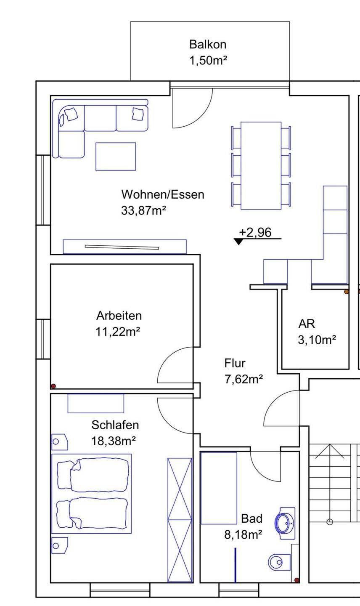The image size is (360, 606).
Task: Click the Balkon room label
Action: pyautogui.click(x=208, y=45)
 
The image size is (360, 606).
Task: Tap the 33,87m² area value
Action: pyautogui.click(x=143, y=210)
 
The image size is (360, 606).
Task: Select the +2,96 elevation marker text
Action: pyautogui.click(x=255, y=232)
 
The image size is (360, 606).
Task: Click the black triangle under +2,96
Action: pyautogui.click(x=238, y=242)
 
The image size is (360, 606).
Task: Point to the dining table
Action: pyautogui.click(x=261, y=165)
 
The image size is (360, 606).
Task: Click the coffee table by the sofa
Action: pyautogui.click(x=116, y=157)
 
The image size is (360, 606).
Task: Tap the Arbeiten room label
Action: pyautogui.click(x=119, y=316)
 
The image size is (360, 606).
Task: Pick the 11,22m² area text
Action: pyautogui.click(x=118, y=332)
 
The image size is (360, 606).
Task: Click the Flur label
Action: pyautogui.click(x=235, y=363)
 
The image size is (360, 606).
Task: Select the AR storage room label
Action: pyautogui.click(x=307, y=324)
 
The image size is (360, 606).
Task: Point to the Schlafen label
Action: pyautogui.click(x=115, y=425)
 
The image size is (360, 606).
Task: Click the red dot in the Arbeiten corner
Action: pyautogui.click(x=53, y=386)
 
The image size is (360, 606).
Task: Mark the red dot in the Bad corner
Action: pyautogui.click(x=297, y=580)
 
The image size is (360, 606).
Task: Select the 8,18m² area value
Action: pyautogui.click(x=243, y=534)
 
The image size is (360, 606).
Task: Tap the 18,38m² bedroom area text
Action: pyautogui.click(x=114, y=441)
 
